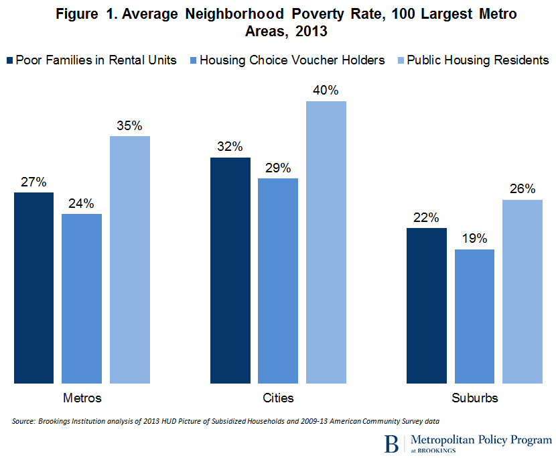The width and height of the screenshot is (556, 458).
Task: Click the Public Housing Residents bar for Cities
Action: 326,242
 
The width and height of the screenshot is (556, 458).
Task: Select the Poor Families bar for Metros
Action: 33,288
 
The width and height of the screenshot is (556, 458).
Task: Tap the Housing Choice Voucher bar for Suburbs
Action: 474,316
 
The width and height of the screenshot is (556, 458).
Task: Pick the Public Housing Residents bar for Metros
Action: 130,260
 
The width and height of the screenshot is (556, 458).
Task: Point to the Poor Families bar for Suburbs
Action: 426,305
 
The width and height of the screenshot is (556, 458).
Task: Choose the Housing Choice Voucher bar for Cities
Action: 278,281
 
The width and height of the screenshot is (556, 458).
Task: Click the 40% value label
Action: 326,90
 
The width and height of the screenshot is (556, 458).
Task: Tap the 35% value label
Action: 130,125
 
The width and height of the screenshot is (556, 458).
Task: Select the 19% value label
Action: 474,239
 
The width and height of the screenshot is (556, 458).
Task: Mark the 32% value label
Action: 230,147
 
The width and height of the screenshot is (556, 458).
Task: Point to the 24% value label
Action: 82,203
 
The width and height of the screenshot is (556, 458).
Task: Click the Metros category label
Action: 82,398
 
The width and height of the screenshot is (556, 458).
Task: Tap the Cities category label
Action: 278,398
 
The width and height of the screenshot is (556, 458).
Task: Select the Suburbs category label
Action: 474,398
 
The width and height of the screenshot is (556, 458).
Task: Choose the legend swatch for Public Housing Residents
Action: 399,60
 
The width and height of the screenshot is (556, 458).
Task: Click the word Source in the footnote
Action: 23,421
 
